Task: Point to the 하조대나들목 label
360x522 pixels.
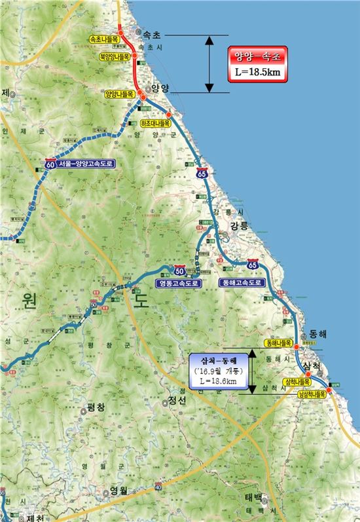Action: (155, 122)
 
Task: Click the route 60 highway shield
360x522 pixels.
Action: (50, 164)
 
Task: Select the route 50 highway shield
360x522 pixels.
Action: (179, 269)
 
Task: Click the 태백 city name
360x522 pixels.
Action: (259, 496)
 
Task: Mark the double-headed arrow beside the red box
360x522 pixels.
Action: (209, 64)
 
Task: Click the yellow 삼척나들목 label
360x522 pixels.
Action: (297, 381)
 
